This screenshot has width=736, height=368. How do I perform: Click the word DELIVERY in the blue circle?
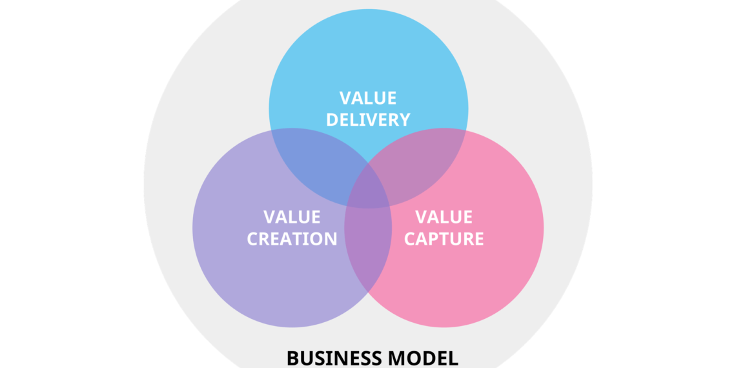click(x=368, y=119)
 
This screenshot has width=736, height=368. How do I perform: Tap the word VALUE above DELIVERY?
click(x=368, y=98)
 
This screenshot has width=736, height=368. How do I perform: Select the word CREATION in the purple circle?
click(x=292, y=239)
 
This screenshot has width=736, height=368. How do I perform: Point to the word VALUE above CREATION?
click(x=292, y=217)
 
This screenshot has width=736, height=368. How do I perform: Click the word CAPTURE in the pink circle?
click(x=444, y=239)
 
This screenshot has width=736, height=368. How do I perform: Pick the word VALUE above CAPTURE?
click(x=444, y=217)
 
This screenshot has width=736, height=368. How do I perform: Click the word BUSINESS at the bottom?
click(x=336, y=358)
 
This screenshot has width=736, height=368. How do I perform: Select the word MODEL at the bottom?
click(x=425, y=358)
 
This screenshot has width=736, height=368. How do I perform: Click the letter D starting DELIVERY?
click(x=332, y=119)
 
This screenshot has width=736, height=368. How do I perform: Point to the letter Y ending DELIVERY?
click(x=404, y=119)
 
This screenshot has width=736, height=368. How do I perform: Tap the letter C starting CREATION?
click(x=253, y=239)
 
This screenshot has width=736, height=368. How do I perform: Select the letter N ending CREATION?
click(x=331, y=239)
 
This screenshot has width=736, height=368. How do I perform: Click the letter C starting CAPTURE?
click(x=409, y=239)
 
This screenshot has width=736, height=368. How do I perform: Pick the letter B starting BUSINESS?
click(x=292, y=358)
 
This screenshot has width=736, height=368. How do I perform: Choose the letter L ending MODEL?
click(x=454, y=358)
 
